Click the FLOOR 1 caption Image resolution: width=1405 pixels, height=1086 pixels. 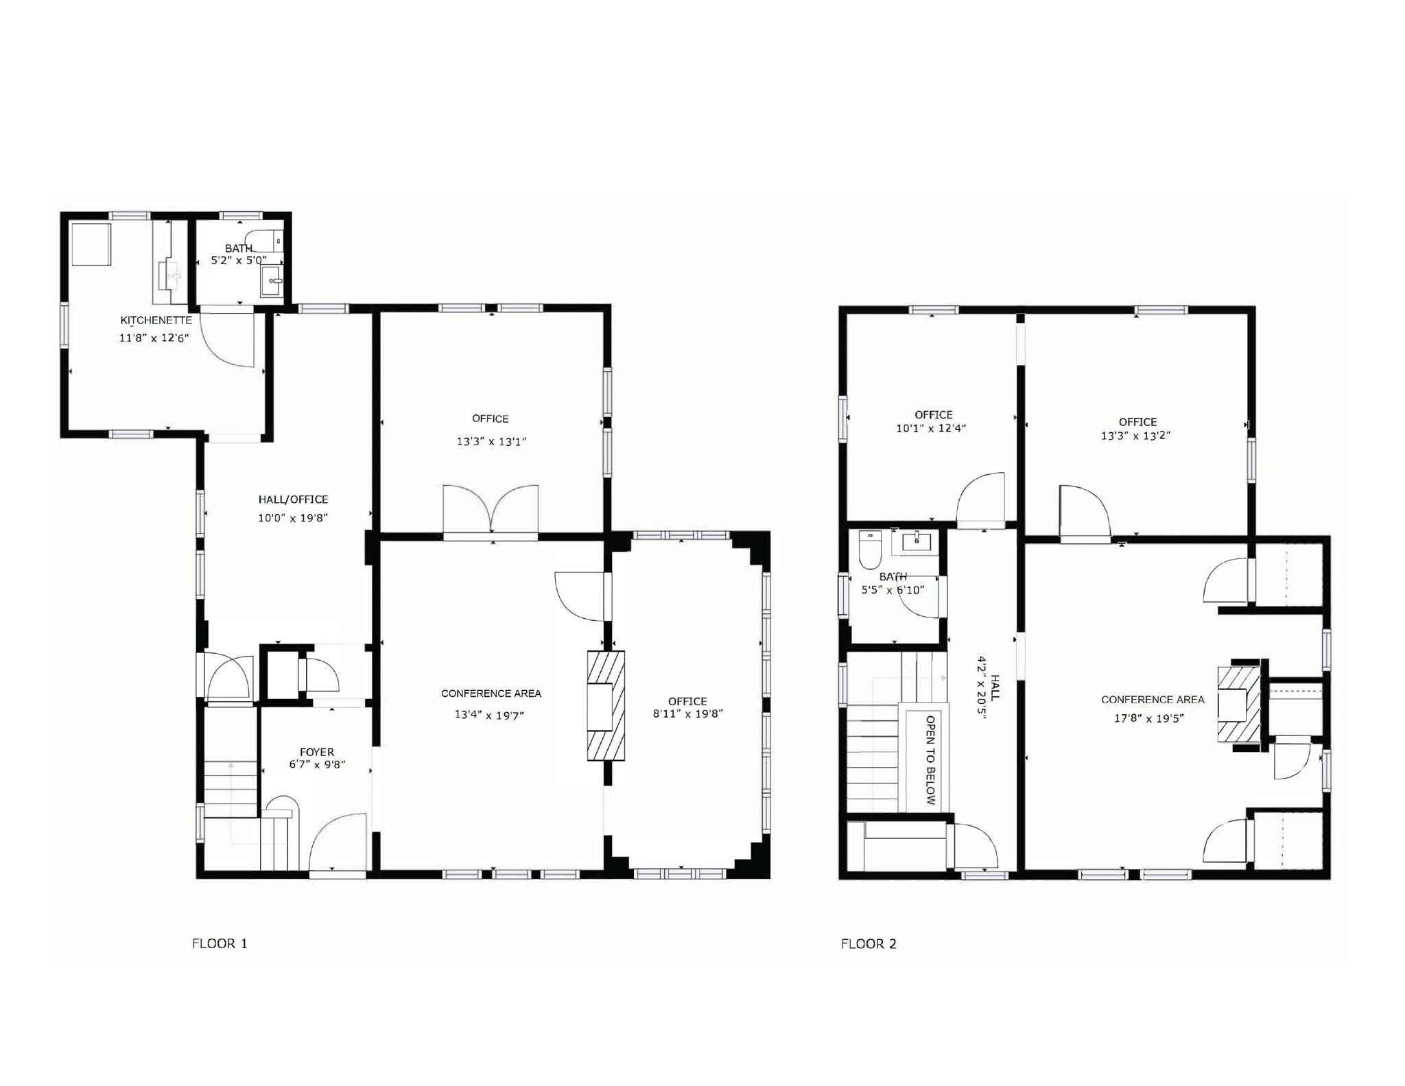[220, 943]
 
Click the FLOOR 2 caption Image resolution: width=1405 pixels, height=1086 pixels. [869, 944]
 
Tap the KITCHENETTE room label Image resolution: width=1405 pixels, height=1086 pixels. [156, 320]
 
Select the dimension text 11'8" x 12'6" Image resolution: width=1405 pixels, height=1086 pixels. [154, 338]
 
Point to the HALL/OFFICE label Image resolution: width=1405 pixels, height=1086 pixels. [293, 499]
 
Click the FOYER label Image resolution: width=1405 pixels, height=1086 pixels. [317, 752]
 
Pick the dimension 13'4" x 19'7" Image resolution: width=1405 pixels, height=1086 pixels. [489, 715]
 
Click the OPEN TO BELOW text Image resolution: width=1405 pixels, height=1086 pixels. [930, 759]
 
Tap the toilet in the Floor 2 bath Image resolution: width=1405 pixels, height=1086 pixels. [870, 549]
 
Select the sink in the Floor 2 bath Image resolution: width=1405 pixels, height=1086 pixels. [917, 542]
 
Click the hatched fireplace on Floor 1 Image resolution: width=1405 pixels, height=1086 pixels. [605, 705]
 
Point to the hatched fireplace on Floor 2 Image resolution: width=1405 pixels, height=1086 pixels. [1240, 704]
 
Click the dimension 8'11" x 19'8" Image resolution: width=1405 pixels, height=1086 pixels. [687, 713]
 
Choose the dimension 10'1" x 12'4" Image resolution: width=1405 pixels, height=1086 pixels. [931, 428]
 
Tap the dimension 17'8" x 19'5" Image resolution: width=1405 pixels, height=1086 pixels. [1148, 718]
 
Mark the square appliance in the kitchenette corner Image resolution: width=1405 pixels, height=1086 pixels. [91, 244]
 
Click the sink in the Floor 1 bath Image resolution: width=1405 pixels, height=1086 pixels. [272, 281]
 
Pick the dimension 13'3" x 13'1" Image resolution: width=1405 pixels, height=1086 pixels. [491, 442]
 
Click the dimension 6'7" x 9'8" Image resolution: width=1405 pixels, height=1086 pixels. [317, 764]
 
